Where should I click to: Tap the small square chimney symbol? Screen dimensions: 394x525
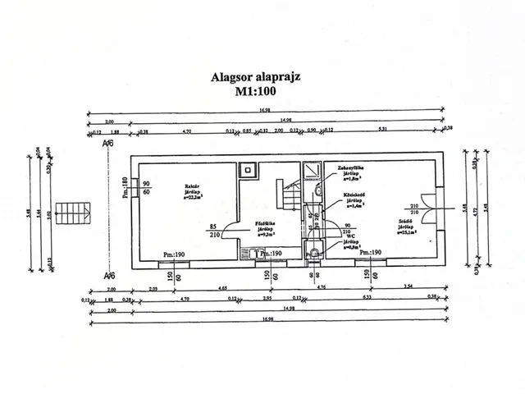coord(247,170)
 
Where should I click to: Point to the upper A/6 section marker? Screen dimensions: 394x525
coord(107,144)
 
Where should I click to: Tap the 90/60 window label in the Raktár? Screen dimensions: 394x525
coord(146,188)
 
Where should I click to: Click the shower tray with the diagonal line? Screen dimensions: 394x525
coord(311,171)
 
